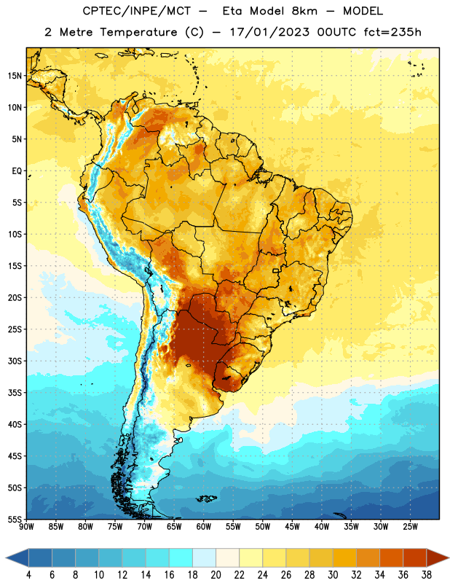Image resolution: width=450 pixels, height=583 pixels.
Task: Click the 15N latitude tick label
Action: pos(15,76)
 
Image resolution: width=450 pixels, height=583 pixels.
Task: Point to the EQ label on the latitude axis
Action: pos(17,171)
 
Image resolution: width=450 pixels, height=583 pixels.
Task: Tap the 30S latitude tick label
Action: pos(15,361)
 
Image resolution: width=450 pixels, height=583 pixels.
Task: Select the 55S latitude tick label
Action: pos(15,519)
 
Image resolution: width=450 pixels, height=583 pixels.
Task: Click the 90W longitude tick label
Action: pos(26,527)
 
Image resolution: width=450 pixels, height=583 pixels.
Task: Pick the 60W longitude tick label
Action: pos(204,527)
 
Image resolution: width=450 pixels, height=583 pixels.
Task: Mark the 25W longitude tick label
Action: pos(410,527)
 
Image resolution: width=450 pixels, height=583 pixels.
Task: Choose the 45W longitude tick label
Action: pos(292,527)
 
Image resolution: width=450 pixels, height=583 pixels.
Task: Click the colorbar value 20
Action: pos(216,575)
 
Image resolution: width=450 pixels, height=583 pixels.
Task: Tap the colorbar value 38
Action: pos(427,575)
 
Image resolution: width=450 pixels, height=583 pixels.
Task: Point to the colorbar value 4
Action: pos(28,575)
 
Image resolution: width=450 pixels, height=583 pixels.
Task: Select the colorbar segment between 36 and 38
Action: pos(415,557)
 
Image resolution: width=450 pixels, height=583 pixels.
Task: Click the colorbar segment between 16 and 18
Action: pos(181,557)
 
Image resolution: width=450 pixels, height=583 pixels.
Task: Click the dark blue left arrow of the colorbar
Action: pos(17,557)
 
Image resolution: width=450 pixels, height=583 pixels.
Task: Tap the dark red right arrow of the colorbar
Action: pos(438,557)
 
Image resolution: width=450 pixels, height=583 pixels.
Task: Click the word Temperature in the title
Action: pos(138,32)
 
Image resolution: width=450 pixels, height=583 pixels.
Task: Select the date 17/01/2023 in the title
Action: pos(269,32)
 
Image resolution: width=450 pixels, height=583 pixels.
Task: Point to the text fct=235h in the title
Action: pos(392,32)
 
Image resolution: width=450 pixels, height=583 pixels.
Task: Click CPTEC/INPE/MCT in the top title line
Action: pos(136,11)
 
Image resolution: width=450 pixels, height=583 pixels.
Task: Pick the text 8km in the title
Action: pos(304,11)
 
